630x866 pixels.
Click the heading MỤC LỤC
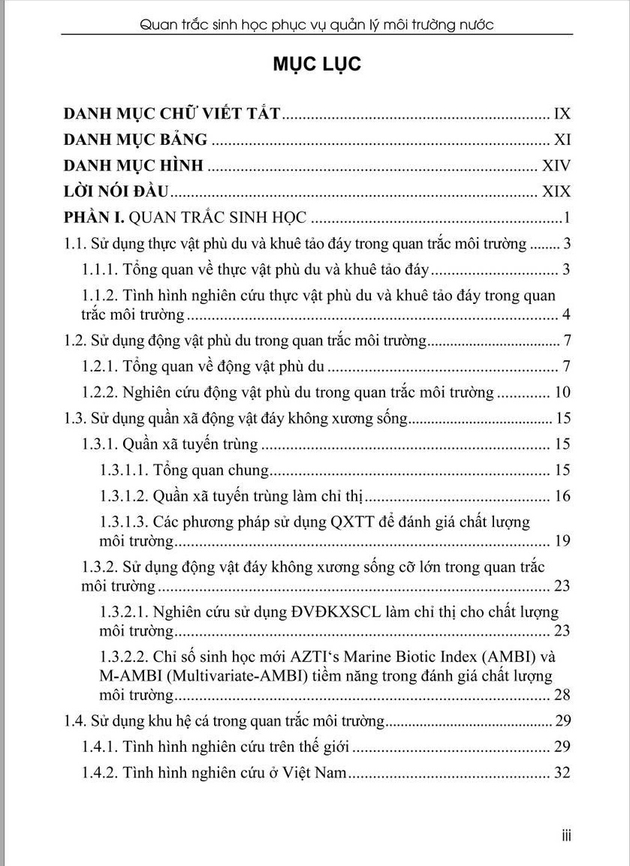click(317, 65)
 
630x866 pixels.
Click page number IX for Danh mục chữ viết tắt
click(562, 114)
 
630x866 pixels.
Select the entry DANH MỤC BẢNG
click(136, 140)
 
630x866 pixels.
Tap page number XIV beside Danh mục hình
click(556, 166)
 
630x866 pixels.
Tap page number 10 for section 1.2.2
click(562, 392)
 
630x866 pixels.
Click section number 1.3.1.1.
click(124, 471)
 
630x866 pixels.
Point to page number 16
click(562, 496)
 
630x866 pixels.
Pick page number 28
click(562, 696)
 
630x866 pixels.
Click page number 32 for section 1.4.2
click(562, 772)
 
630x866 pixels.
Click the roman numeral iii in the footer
click(566, 835)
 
